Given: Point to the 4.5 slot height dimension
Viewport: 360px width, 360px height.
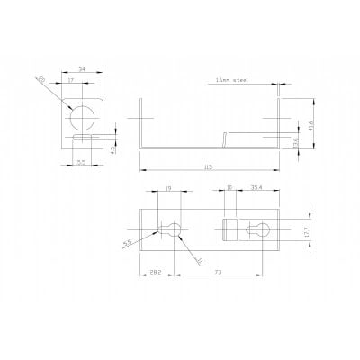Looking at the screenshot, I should tap(111, 149).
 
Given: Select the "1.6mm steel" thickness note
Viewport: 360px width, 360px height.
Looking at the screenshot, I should tap(233, 79).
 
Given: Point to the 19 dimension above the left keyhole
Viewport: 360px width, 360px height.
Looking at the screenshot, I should tap(169, 190).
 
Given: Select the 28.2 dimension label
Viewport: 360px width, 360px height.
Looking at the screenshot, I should tap(155, 271).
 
